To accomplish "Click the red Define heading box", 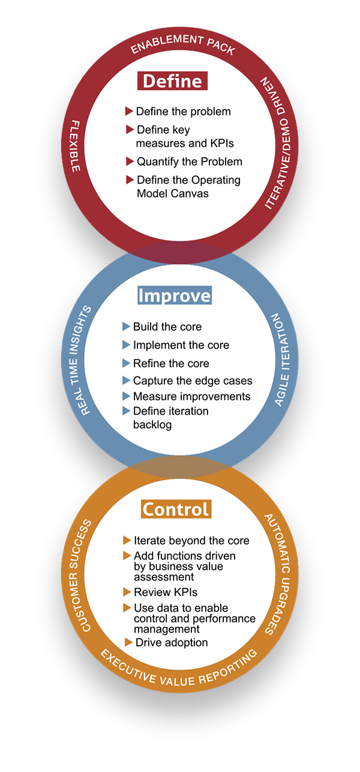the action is point(172,81).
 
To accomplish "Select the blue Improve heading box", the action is point(175,295).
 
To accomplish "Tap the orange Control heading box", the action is point(176,509).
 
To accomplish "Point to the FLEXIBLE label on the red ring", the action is point(76,146).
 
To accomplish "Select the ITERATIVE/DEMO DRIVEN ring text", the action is point(278,143).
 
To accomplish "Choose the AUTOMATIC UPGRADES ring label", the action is point(278,574).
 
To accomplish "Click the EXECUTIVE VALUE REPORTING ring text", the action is point(179,671).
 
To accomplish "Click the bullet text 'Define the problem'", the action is point(183,111).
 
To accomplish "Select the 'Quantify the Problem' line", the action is point(190,161).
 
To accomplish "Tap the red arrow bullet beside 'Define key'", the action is point(130,130).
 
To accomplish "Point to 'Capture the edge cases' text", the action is point(193,381).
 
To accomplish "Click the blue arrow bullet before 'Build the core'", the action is point(126,327).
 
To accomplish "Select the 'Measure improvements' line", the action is point(191,396).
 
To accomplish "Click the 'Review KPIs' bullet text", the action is point(166,592).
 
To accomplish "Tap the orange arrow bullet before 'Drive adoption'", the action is point(128,642).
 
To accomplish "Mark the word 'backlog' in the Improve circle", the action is point(152,424).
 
